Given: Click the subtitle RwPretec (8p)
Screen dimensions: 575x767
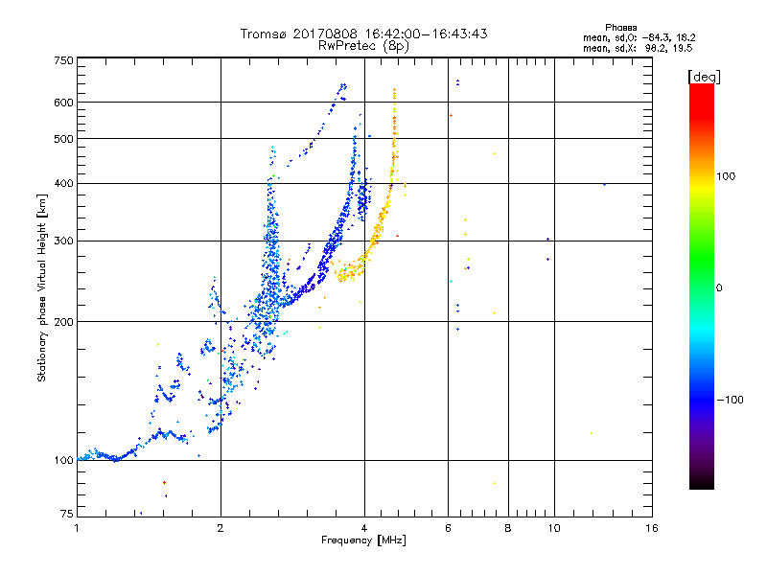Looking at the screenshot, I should [364, 45].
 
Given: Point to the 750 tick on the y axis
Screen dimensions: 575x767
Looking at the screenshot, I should [64, 59].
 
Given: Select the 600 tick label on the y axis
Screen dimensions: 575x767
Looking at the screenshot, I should [64, 102].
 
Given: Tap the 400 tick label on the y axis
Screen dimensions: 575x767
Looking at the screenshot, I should [64, 183].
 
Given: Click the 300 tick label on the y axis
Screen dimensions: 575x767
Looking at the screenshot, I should [64, 241].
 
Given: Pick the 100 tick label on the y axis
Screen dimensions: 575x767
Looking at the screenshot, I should [64, 460].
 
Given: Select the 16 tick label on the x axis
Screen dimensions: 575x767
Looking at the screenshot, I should [651, 528].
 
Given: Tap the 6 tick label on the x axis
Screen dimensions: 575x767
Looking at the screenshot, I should [448, 528].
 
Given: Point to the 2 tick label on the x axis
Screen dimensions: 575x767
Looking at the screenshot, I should [221, 528].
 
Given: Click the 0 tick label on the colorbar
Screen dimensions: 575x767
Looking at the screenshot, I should [720, 287].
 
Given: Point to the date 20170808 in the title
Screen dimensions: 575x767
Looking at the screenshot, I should [330, 34].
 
